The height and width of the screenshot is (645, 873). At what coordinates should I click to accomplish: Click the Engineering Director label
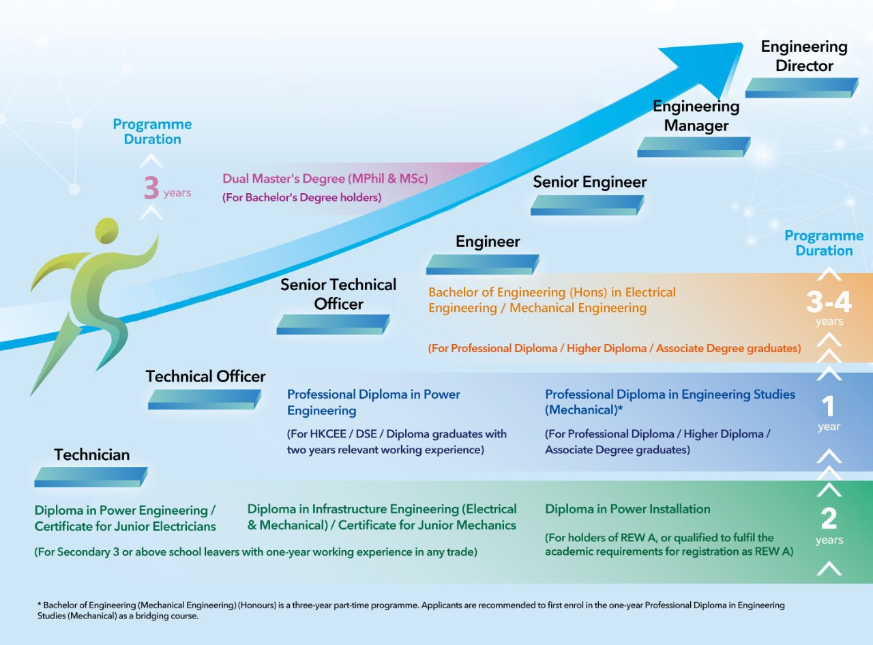click(804, 56)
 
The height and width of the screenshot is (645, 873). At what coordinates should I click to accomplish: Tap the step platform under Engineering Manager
click(694, 147)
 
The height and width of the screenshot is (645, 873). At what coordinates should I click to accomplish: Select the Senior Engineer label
click(589, 182)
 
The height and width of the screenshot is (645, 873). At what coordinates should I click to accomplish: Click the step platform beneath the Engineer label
click(483, 264)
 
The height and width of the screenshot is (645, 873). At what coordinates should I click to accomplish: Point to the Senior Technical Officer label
click(338, 294)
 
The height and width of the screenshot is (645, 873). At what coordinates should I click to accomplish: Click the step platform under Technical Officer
click(205, 399)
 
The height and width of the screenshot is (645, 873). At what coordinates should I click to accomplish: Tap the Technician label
click(91, 455)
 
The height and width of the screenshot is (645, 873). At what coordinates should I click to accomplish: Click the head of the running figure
click(107, 231)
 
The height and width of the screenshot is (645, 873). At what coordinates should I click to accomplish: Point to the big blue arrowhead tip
click(742, 44)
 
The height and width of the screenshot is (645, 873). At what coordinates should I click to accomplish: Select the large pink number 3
click(151, 188)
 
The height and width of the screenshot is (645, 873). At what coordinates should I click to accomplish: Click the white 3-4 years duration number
click(829, 302)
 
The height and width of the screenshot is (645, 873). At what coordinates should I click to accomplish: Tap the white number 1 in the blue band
click(828, 406)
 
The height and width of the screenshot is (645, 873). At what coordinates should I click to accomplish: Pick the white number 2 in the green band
click(829, 519)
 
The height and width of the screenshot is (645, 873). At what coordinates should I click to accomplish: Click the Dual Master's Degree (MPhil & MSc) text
click(325, 179)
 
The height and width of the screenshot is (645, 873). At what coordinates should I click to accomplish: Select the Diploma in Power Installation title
click(627, 509)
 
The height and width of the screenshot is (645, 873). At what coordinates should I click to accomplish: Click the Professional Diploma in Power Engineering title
click(373, 402)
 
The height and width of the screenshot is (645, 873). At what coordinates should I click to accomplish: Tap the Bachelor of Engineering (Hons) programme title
click(552, 300)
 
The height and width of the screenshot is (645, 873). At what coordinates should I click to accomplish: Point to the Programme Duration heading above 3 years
click(152, 132)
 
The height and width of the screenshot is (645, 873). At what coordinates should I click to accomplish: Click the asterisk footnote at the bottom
click(411, 610)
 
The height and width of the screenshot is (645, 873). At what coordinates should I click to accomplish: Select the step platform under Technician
click(91, 477)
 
